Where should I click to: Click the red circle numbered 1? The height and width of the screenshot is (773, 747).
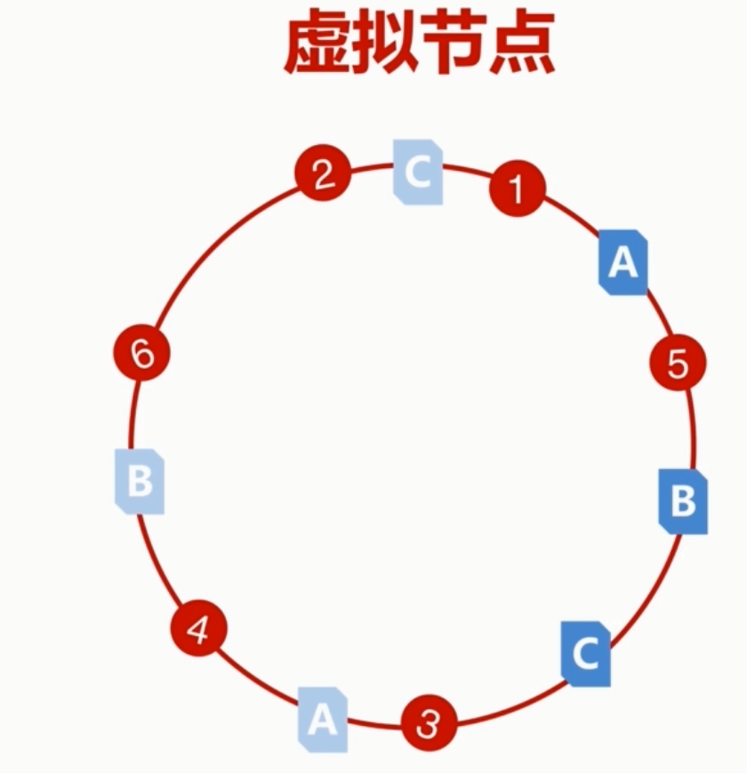(517, 189)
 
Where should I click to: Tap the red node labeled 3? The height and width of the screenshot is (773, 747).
(429, 724)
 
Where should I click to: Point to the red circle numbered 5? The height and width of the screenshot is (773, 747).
(678, 364)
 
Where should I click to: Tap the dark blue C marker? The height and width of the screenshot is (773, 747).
(585, 654)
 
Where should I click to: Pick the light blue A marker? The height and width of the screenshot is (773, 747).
(322, 719)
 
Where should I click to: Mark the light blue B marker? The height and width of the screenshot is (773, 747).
(140, 481)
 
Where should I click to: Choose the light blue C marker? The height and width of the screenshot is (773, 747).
(418, 172)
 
